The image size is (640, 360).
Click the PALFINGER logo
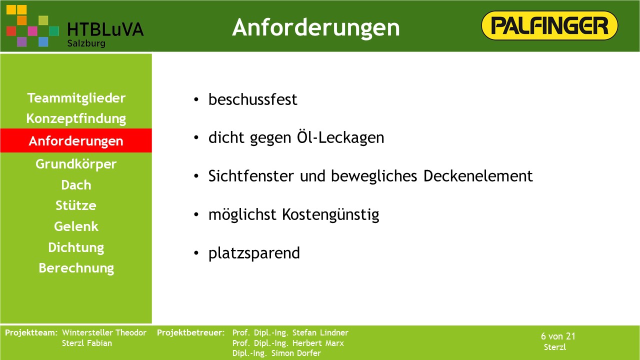tap(549, 25)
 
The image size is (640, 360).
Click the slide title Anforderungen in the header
tap(315, 27)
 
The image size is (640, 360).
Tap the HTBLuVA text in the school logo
tap(105, 29)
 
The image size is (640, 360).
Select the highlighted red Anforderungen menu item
tap(76, 140)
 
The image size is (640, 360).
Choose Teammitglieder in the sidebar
tap(76, 98)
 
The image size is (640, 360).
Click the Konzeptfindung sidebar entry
tap(76, 119)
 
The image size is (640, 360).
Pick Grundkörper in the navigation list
tap(76, 164)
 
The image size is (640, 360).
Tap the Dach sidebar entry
tap(76, 185)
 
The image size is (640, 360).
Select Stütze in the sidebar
tap(76, 205)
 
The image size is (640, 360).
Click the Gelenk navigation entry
tap(76, 226)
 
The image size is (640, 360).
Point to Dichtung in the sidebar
tap(76, 247)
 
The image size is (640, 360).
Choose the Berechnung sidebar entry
tap(76, 268)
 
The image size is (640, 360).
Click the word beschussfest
tap(253, 99)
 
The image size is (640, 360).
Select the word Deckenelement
tap(478, 175)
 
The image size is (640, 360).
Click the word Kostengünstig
tap(330, 215)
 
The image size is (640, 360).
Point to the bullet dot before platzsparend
tap(196, 253)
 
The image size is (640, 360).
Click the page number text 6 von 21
tap(558, 336)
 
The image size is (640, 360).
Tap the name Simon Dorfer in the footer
tap(296, 353)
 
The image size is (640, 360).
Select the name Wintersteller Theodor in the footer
tap(104, 332)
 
